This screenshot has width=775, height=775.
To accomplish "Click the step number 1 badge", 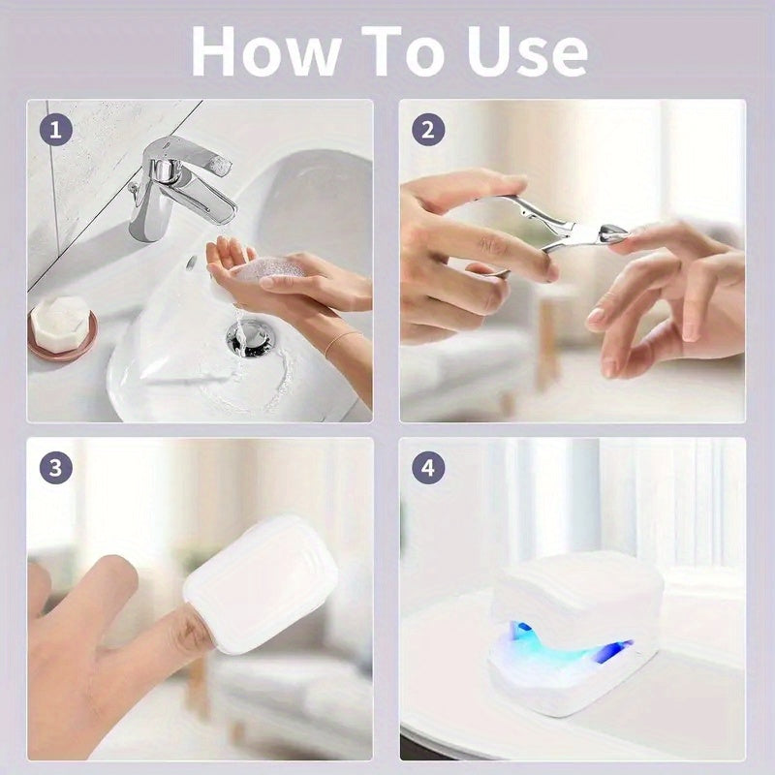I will (x=57, y=130).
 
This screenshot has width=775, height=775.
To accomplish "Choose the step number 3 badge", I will (x=57, y=468).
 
